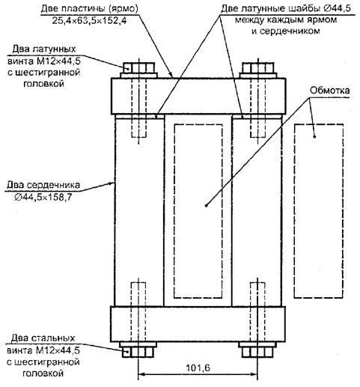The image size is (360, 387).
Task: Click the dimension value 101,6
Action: click(198, 368)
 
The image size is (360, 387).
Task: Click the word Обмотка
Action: click(329, 91)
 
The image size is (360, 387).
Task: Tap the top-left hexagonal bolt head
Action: click(138, 67)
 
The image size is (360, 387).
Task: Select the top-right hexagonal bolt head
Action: click(258, 67)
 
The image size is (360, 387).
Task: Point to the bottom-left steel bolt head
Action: click(138, 352)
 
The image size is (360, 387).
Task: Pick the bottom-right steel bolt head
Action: click(257, 352)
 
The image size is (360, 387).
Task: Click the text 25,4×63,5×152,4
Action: click(89, 20)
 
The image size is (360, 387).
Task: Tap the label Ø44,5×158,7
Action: click(43, 197)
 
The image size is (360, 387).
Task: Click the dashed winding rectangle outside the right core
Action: click(319, 211)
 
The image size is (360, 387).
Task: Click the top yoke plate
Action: click(198, 96)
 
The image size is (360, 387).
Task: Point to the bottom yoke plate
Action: click(198, 324)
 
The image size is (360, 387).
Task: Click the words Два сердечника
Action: click(43, 185)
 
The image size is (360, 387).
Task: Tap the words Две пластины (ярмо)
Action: click(89, 9)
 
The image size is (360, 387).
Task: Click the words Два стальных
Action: click(43, 338)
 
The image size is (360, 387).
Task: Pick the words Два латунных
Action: click(44, 49)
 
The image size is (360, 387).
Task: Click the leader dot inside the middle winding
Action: click(207, 205)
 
